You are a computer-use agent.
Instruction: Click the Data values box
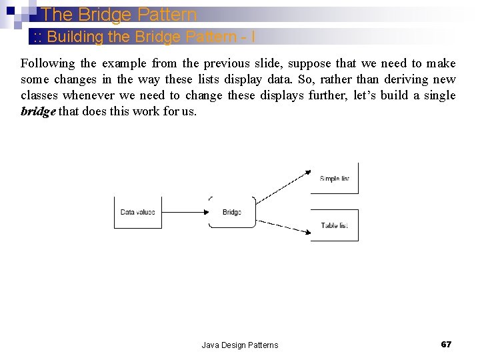[137, 212]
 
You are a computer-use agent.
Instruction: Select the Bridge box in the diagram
[232, 212]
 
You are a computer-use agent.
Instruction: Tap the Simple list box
[334, 178]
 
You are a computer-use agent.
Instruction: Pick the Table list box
[334, 225]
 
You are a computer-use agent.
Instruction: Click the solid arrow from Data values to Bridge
[184, 213]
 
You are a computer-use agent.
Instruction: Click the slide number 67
[446, 344]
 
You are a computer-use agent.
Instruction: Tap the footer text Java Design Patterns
[239, 345]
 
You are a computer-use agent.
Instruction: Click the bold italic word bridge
[38, 111]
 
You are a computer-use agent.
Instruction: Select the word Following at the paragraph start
[48, 63]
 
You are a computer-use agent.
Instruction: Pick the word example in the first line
[124, 63]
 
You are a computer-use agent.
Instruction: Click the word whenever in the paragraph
[89, 95]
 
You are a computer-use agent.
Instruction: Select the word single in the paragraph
[439, 95]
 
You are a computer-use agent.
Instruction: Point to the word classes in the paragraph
[39, 95]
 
